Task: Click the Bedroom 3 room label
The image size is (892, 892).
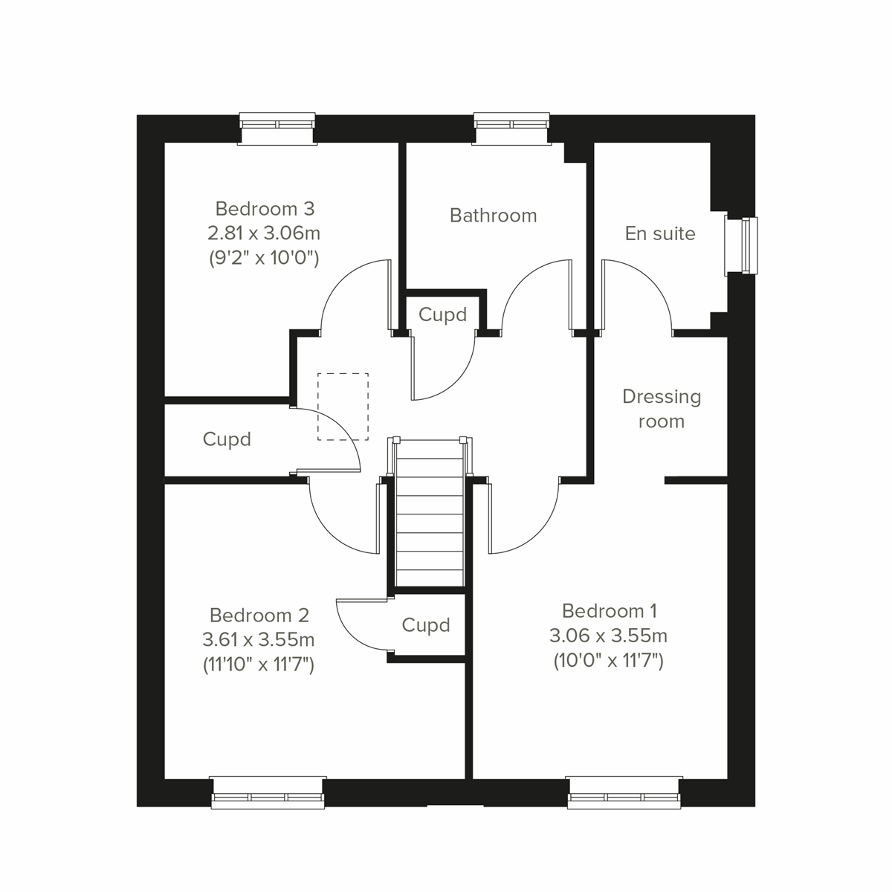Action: [265, 208]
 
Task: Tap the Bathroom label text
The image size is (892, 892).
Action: [493, 216]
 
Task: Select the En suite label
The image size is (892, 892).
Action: [660, 233]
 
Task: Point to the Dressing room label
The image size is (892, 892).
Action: [662, 409]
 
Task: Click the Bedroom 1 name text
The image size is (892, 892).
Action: [610, 611]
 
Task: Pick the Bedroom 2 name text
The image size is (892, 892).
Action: [259, 615]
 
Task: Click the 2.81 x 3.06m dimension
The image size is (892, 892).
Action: [264, 233]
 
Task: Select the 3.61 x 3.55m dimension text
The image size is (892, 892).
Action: [258, 640]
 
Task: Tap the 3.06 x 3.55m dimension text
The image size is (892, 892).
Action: [608, 636]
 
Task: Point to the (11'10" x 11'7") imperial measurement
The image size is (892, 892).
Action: [259, 665]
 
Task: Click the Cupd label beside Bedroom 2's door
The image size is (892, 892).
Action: [426, 625]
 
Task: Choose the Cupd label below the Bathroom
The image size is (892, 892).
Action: [442, 314]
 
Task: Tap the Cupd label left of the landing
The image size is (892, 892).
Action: [227, 439]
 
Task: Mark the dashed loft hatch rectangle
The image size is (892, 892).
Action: [343, 407]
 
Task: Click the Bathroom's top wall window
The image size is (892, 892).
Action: [512, 127]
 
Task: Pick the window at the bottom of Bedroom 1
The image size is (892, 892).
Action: [624, 793]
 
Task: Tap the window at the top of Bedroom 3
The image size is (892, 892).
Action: [277, 127]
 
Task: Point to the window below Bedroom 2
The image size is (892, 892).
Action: [268, 793]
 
